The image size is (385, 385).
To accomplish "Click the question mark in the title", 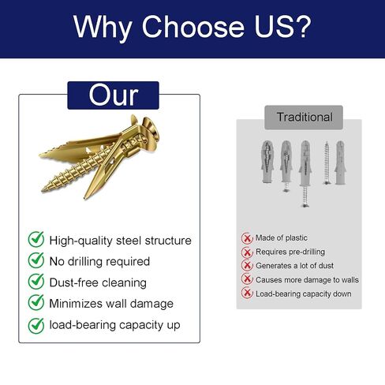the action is (303, 27).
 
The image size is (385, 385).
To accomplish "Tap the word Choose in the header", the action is (193, 27).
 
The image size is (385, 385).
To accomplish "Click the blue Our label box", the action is (113, 95).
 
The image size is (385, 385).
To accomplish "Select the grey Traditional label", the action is (304, 118).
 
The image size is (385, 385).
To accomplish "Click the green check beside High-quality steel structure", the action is (36, 239).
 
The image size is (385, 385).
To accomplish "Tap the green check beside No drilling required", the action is (36, 260).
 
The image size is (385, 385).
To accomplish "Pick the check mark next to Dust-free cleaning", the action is (36, 281).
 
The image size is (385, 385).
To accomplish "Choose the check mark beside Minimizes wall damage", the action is (36, 302).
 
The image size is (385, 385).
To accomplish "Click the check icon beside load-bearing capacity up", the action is (36, 326).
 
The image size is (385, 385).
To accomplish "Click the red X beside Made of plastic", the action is (247, 238).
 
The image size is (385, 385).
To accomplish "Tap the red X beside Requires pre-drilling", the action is (247, 252).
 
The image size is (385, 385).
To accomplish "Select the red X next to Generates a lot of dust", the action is (247, 265).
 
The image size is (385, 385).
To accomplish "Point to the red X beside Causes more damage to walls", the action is (247, 278).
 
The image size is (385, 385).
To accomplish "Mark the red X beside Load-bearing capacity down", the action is (247, 293).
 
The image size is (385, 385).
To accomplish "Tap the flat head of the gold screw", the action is (151, 129).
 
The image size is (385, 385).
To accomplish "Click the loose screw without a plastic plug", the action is (327, 163).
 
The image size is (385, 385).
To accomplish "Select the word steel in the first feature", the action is (129, 241).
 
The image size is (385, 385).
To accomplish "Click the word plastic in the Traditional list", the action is (297, 237).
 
